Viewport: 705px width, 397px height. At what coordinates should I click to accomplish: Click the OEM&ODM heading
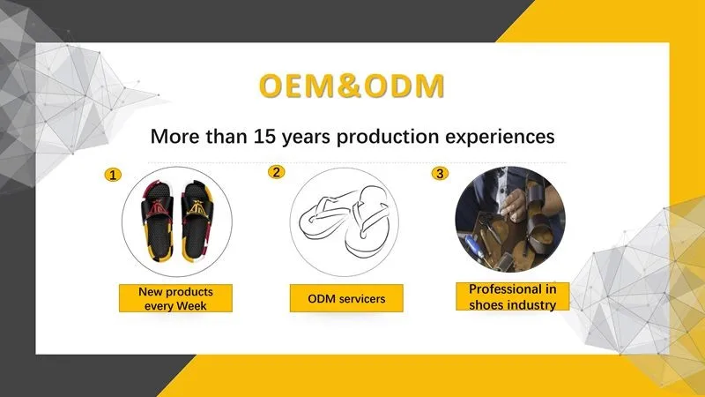[352, 86]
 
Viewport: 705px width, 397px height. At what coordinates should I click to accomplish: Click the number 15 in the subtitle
[265, 137]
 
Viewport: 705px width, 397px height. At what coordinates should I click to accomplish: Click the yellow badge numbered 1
[113, 175]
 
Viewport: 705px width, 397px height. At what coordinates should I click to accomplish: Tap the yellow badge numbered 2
[276, 172]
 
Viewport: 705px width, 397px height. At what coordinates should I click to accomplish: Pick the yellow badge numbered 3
[440, 173]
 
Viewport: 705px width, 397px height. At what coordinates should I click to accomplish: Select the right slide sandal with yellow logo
[197, 221]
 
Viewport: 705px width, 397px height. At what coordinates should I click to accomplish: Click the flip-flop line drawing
[344, 221]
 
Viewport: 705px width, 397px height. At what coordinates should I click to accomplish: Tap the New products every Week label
[175, 298]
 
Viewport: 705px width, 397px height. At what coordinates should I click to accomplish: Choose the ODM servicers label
[346, 298]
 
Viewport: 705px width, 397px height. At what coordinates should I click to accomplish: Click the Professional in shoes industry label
[513, 296]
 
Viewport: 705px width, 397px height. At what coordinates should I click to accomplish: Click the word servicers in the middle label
[362, 299]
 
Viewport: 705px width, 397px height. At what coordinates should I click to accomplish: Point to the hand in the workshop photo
[514, 204]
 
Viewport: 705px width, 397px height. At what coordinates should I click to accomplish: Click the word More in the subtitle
[175, 137]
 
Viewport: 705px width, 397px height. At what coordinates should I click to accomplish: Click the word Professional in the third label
[504, 289]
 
